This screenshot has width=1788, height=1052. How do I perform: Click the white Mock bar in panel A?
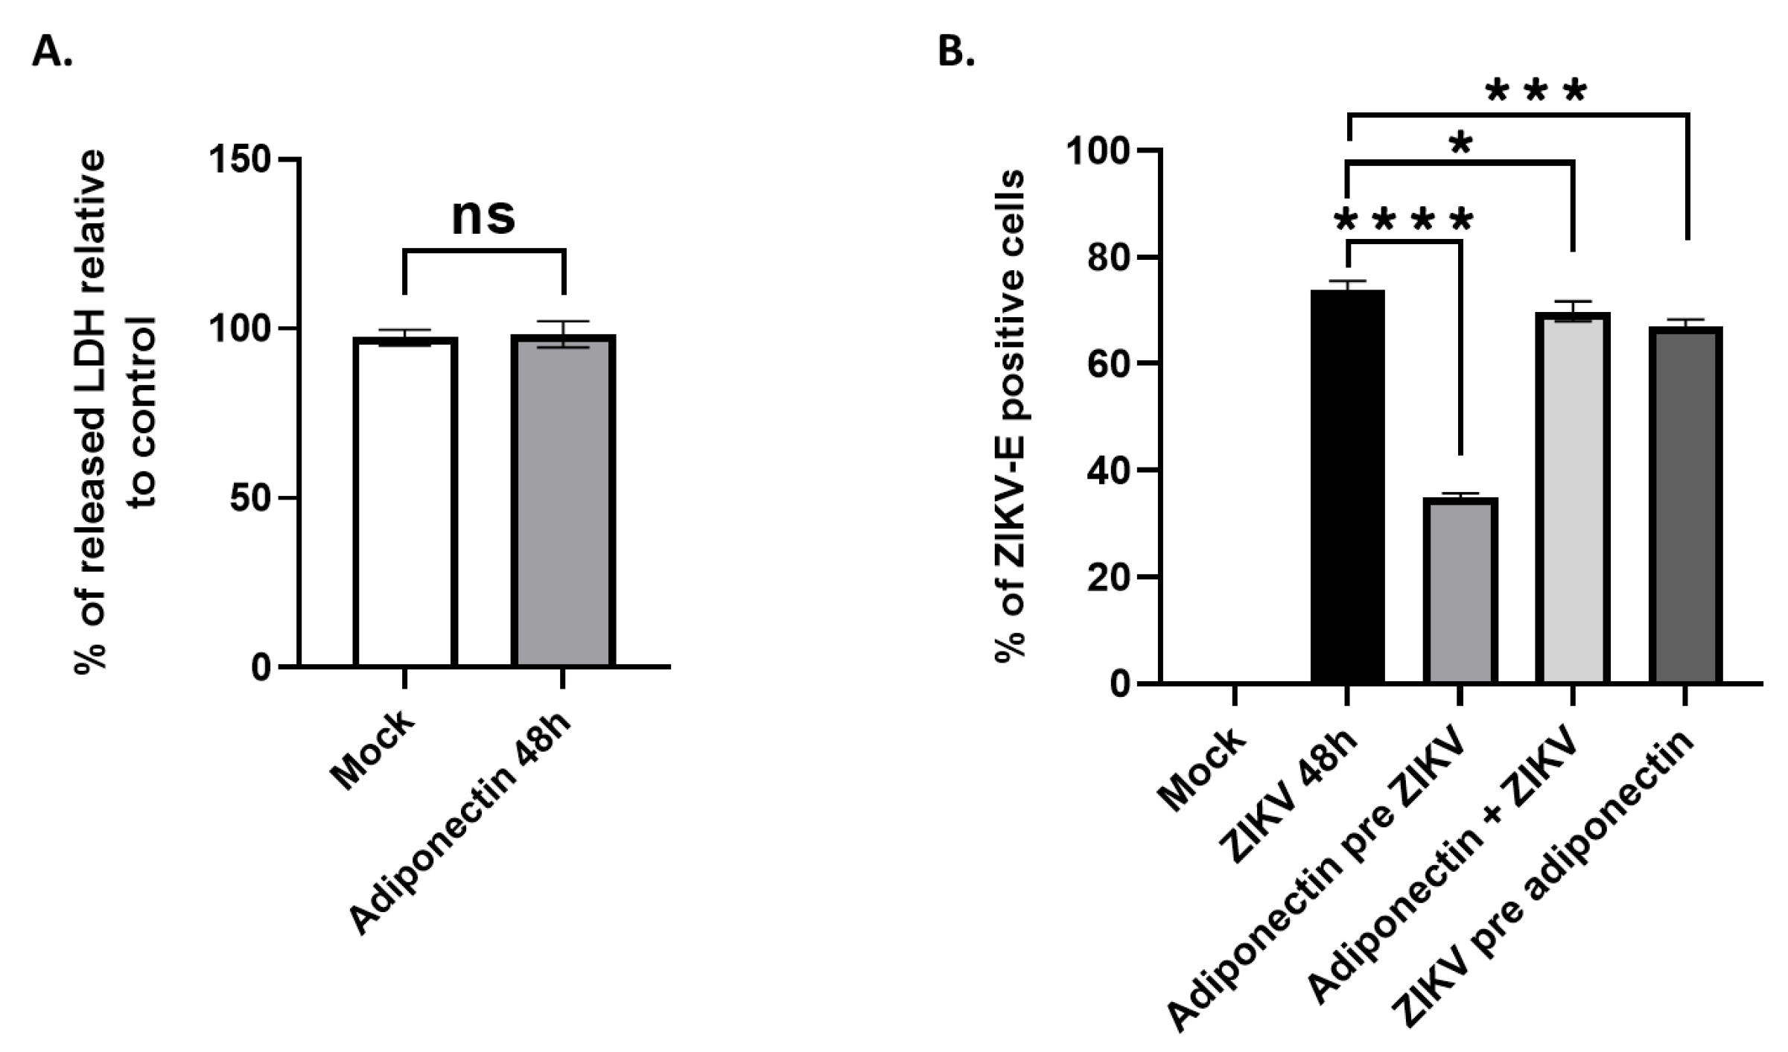[404, 503]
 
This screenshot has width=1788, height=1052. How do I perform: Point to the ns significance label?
[483, 216]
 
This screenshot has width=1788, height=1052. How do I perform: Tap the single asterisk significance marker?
[1461, 144]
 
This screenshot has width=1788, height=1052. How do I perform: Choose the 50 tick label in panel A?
[249, 498]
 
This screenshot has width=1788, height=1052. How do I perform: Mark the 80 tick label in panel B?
[1108, 258]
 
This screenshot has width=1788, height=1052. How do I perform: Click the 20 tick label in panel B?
[1108, 577]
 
